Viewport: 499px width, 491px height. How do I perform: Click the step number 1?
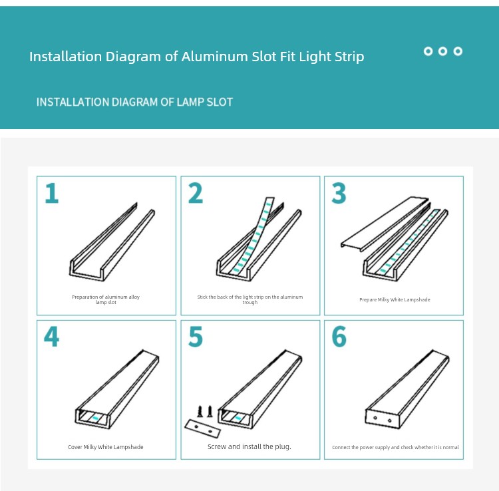(52, 193)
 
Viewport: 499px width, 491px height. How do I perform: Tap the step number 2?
(196, 193)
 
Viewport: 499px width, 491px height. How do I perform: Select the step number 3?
(339, 193)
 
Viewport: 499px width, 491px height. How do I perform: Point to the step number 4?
(51, 337)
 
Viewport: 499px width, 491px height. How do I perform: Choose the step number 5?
(196, 337)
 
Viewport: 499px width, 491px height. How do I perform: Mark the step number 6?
(339, 337)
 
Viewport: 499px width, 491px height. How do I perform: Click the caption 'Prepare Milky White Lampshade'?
(395, 300)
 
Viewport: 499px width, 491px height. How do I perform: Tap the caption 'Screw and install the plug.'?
(249, 447)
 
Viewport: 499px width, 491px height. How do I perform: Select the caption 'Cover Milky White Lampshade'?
(106, 447)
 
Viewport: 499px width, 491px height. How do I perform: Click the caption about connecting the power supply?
(395, 447)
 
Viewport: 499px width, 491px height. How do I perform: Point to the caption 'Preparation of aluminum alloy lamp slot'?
(106, 299)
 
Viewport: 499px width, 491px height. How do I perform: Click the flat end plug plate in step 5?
(203, 428)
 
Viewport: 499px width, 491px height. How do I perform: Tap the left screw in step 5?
(200, 411)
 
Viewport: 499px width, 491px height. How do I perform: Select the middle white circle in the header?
(442, 51)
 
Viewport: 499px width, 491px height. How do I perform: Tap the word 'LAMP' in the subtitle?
(190, 102)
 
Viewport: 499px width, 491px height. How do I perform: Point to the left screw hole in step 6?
(375, 418)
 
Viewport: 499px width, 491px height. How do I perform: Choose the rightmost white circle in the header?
(458, 51)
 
